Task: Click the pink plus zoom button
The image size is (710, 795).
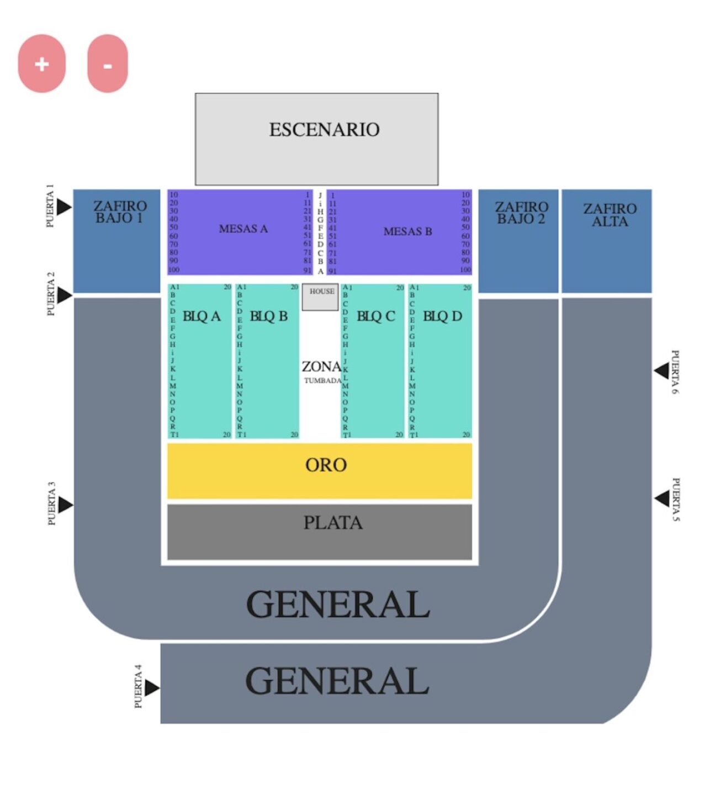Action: pos(42,63)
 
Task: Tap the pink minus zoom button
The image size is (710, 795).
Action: pos(108,64)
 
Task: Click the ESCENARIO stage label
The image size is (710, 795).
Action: pos(324,130)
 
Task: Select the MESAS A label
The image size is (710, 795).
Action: pos(243,229)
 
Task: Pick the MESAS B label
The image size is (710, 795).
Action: pos(407,231)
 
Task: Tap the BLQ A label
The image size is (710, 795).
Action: pos(202,316)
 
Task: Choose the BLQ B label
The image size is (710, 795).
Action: pos(269,316)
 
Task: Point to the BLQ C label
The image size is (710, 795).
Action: pos(376,316)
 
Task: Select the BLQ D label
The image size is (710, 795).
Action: pos(442,316)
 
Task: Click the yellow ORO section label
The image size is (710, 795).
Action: pos(326,465)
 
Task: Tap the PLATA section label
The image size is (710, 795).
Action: pos(333,523)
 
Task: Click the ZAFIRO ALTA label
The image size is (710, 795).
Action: pos(610,215)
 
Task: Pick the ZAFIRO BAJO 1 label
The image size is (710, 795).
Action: pos(120,212)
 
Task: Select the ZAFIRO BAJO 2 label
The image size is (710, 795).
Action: pos(521,213)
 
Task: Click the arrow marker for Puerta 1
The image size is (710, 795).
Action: pos(64,207)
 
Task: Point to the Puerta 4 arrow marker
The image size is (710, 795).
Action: pos(152,688)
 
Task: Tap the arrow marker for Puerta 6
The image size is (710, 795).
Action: pos(661,371)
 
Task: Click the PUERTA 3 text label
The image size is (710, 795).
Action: pos(51,504)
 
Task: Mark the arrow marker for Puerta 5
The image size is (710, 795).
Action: pos(662,499)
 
